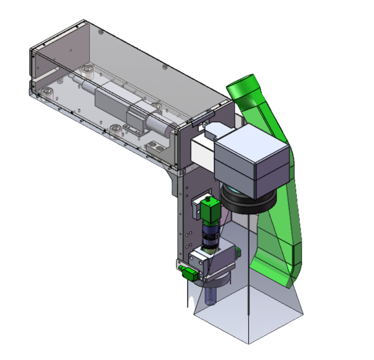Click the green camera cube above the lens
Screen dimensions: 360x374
pos(212,211)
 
